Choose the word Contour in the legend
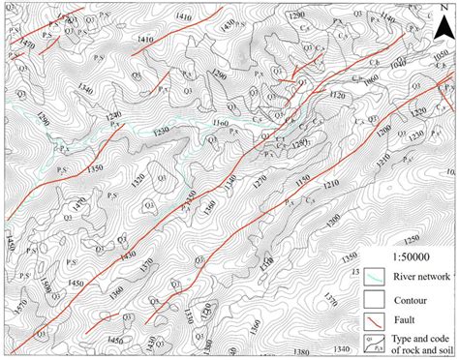[414, 298]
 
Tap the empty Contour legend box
[374, 298]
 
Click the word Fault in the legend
[409, 319]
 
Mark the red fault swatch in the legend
[374, 319]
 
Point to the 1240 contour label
[113, 115]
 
